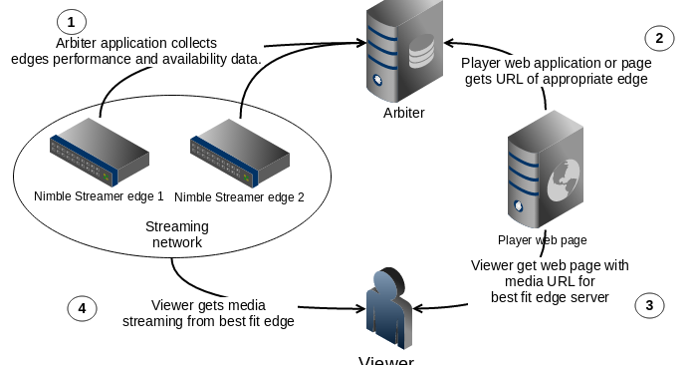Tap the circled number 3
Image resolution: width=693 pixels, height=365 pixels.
pyautogui.click(x=648, y=305)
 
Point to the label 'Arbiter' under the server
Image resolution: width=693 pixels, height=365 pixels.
pyautogui.click(x=403, y=113)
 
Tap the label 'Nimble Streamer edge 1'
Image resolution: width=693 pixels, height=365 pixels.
pyautogui.click(x=99, y=196)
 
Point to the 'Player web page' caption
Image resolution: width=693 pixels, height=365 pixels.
pyautogui.click(x=542, y=240)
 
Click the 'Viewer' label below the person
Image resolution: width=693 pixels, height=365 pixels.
pyautogui.click(x=385, y=360)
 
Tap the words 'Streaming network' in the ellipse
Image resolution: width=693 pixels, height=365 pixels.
pyautogui.click(x=176, y=233)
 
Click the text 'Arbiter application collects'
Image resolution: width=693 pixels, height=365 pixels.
pyautogui.click(x=136, y=43)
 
